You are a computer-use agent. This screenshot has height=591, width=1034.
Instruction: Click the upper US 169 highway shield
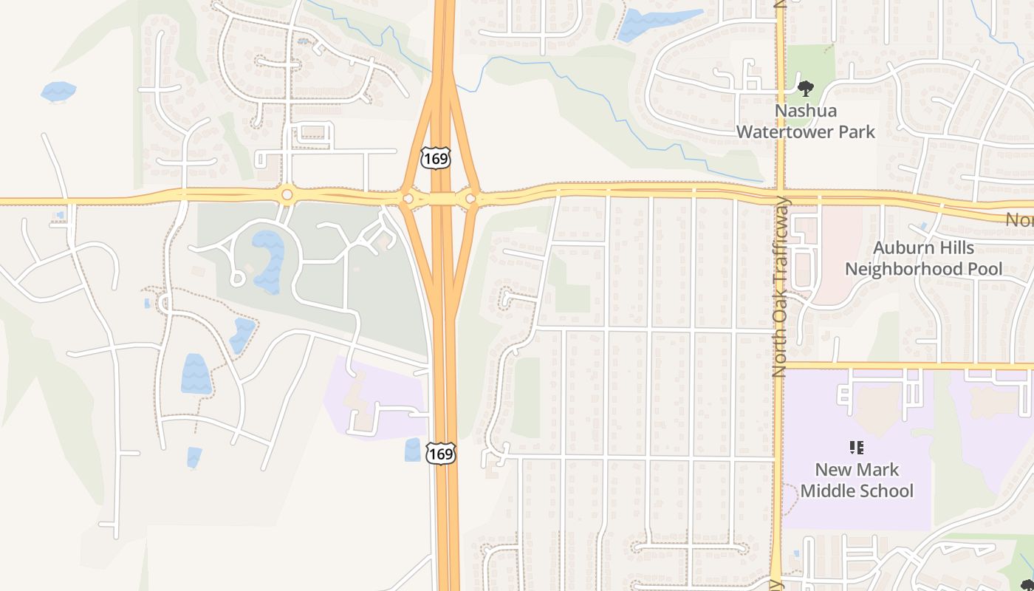coord(435,157)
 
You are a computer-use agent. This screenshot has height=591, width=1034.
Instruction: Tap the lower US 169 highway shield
coord(440,454)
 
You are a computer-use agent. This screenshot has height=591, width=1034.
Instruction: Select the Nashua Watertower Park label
coord(805,121)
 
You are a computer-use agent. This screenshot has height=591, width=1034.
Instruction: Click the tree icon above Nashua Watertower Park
coord(806,89)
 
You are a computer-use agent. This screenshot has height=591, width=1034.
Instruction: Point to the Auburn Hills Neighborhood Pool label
coord(923,258)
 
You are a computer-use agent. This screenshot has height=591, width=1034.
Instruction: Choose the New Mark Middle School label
coord(857,480)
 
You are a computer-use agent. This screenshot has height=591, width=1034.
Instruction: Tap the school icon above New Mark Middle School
coord(857,447)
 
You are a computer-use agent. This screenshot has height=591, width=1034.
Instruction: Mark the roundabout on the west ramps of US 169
coord(407,198)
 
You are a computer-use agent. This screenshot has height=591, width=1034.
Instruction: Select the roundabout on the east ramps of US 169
coord(470,198)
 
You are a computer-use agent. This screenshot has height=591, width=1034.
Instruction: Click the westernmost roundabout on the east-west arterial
coord(287,195)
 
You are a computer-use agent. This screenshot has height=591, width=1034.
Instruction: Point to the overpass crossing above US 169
coord(442,198)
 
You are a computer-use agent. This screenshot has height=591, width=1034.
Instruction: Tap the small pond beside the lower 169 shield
coord(413,450)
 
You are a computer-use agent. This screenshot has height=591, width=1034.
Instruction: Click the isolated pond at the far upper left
coord(58,92)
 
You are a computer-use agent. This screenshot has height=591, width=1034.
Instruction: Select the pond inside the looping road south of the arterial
coord(269,260)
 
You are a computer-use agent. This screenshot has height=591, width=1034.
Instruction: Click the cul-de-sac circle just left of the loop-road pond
coord(237,279)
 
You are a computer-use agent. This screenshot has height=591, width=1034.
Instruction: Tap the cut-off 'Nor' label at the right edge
coord(1020,219)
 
